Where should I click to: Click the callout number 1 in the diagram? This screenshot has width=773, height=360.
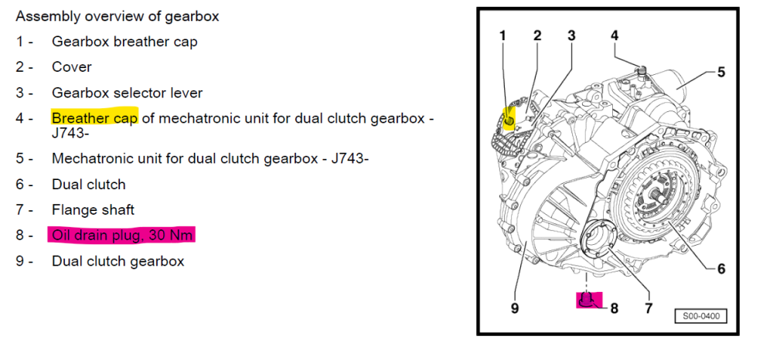pyautogui.click(x=503, y=36)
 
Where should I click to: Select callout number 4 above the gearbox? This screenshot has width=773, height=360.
pyautogui.click(x=615, y=36)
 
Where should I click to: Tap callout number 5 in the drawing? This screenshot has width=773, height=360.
pyautogui.click(x=721, y=72)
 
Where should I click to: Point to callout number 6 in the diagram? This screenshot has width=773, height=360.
pyautogui.click(x=721, y=269)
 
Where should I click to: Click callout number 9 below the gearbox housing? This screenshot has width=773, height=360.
pyautogui.click(x=515, y=309)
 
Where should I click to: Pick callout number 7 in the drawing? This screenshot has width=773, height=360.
pyautogui.click(x=649, y=309)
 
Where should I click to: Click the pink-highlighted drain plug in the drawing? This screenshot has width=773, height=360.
pyautogui.click(x=590, y=300)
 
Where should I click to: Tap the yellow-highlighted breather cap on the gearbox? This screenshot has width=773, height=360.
pyautogui.click(x=509, y=120)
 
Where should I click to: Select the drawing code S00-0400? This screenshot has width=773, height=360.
pyautogui.click(x=701, y=316)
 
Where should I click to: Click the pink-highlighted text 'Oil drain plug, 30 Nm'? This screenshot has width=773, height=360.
pyautogui.click(x=121, y=236)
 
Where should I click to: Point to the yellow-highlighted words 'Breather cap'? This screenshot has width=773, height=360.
pyautogui.click(x=94, y=118)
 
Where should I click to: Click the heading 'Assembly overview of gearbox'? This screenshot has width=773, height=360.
pyautogui.click(x=117, y=16)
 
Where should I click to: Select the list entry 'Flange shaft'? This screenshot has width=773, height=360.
pyautogui.click(x=94, y=210)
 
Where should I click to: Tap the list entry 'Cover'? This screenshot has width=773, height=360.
pyautogui.click(x=72, y=67)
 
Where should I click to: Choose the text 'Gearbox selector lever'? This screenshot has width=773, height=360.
pyautogui.click(x=128, y=93)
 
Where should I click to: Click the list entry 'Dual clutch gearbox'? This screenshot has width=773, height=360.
pyautogui.click(x=117, y=261)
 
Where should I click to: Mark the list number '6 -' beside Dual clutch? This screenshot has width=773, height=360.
pyautogui.click(x=24, y=185)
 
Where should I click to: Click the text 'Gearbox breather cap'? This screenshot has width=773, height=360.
pyautogui.click(x=124, y=42)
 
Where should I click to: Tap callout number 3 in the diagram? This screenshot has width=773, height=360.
pyautogui.click(x=571, y=36)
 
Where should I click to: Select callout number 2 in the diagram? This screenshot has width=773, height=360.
pyautogui.click(x=537, y=36)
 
